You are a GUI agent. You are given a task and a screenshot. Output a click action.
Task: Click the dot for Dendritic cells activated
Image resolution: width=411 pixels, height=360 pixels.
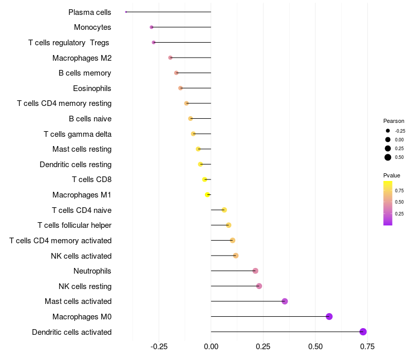click(363, 332)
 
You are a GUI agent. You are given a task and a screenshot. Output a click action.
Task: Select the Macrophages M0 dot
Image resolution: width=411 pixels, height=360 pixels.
click(329, 316)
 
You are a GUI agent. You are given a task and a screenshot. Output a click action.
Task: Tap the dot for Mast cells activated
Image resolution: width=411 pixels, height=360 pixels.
click(285, 301)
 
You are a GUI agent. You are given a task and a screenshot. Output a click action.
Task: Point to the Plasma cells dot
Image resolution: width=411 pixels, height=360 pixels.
click(126, 12)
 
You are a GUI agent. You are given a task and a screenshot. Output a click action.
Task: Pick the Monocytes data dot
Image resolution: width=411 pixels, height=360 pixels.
click(152, 27)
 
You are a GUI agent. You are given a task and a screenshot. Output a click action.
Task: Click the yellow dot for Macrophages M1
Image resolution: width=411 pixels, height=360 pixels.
click(208, 195)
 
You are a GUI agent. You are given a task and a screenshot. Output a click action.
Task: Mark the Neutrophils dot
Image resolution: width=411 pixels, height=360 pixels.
click(255, 271)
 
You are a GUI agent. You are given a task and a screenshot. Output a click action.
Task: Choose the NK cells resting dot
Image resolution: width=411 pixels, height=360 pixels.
click(259, 286)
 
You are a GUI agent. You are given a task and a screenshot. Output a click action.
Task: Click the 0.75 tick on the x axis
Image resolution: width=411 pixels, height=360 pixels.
click(367, 347)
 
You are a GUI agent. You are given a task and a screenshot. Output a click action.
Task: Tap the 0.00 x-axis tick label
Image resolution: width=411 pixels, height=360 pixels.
click(211, 347)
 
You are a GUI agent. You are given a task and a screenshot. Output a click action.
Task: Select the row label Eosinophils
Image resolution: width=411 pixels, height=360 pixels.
click(92, 88)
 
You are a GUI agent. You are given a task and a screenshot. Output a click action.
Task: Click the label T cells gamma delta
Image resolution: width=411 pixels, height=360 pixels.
click(78, 134)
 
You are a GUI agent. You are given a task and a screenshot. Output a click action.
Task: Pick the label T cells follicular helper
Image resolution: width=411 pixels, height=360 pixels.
click(74, 225)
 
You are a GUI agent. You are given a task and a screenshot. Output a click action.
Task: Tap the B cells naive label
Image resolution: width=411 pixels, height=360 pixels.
click(90, 119)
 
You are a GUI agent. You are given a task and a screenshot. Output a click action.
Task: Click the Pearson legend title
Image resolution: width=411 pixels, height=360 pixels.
click(394, 121)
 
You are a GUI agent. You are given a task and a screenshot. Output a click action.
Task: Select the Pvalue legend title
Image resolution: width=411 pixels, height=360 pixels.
click(391, 175)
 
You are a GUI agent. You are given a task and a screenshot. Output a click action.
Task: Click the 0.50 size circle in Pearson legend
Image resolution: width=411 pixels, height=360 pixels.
click(388, 157)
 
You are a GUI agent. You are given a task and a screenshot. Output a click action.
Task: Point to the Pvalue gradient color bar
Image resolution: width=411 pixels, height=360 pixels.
click(388, 203)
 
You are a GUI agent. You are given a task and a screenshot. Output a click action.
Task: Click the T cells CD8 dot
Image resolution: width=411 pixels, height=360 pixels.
click(204, 179)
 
